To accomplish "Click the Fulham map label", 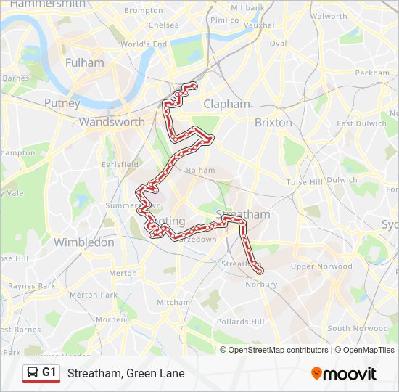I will click(x=85, y=63).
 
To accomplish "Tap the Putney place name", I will click(x=62, y=104).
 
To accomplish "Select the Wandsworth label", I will click(x=112, y=122).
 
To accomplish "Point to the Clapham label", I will click(x=226, y=104).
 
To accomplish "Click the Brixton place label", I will click(x=273, y=123).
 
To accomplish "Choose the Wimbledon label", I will click(x=84, y=242).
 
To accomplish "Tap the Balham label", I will click(x=201, y=171).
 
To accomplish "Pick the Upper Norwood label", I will click(x=321, y=266).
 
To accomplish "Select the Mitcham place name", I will click(x=173, y=302).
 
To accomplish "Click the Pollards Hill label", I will click(x=241, y=322).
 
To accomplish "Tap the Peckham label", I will click(x=373, y=73).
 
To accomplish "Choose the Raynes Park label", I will click(x=31, y=286).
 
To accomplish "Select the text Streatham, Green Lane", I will click(x=126, y=374).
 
